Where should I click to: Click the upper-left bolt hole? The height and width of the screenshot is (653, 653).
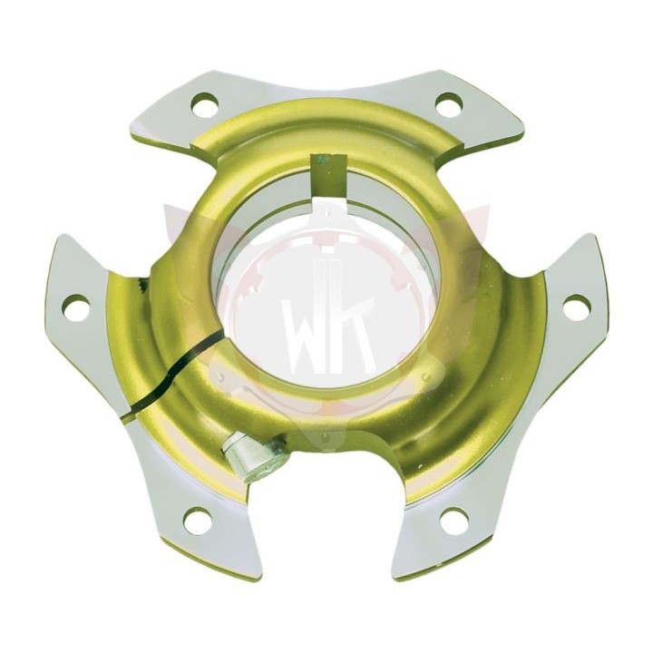(x=205, y=103)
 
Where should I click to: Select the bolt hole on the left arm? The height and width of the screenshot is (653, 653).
(x=76, y=307)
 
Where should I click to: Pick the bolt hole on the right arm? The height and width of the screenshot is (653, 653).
(x=577, y=307)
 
